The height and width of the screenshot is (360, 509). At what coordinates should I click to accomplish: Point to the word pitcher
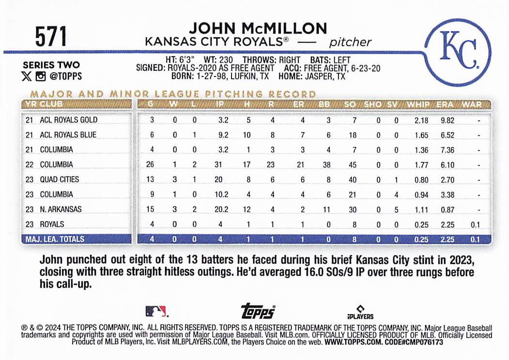pos(350,42)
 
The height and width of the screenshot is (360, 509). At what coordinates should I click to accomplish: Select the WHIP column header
pos(418,104)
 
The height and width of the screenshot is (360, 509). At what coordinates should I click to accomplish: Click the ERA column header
pos(445,104)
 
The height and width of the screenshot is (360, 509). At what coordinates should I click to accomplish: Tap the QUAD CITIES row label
pos(59,179)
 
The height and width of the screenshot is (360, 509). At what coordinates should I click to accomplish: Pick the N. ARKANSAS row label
pos(61,209)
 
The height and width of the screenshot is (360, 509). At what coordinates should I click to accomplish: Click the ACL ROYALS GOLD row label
pos(68,120)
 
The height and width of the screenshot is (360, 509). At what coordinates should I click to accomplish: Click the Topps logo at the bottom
pos(258,311)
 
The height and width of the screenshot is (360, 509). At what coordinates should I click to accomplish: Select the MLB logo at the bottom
pos(156,311)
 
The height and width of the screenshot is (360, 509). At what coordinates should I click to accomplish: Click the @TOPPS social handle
pos(65,76)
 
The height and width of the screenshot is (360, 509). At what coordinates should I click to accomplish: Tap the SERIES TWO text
pos(51,65)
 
